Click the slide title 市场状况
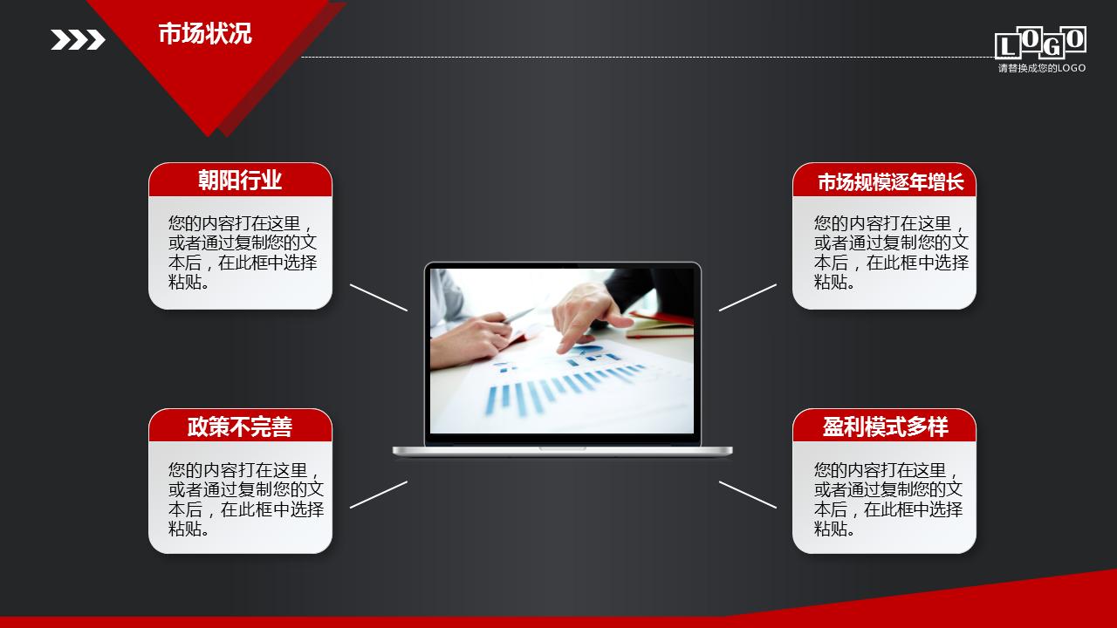click(205, 34)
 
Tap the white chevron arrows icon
click(78, 39)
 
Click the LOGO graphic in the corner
click(1040, 43)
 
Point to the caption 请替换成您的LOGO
click(1042, 68)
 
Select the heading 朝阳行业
click(240, 181)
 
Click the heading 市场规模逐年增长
click(890, 182)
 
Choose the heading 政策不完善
click(240, 427)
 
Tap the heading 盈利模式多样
click(885, 427)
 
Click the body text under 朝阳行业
click(242, 252)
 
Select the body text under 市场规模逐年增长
click(890, 252)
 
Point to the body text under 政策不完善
click(244, 498)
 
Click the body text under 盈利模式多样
click(888, 498)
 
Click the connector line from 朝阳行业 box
click(379, 297)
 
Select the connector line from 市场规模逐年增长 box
click(748, 297)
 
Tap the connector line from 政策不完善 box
click(379, 494)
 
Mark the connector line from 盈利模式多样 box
click(748, 494)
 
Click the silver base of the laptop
click(562, 451)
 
